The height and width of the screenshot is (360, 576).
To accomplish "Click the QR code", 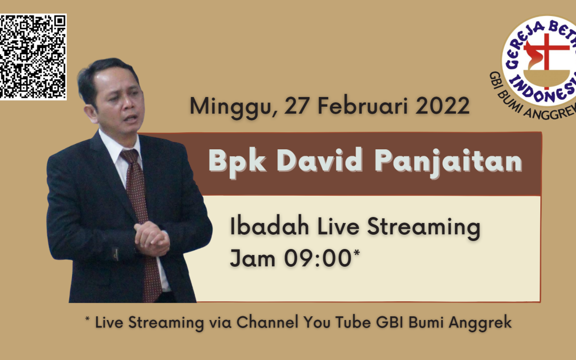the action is coord(33,57).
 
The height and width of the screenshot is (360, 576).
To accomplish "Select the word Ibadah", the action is coord(269,226).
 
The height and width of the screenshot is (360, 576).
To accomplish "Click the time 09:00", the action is coord(318,258).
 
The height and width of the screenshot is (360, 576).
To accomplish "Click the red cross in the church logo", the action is coord(547,55).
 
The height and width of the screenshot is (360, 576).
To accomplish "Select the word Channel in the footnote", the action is coord(267,322).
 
